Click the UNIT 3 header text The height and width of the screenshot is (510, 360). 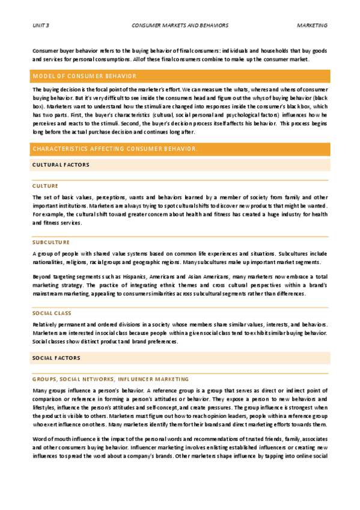[x=40, y=26]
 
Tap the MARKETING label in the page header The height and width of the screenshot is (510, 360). [x=312, y=26]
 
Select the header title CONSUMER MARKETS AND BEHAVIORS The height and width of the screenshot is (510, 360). [x=180, y=26]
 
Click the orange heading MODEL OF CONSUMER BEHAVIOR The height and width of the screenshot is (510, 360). [x=85, y=76]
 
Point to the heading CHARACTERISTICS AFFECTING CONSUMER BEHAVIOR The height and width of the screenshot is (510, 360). [x=115, y=149]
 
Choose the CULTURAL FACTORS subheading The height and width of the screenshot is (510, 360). [x=61, y=164]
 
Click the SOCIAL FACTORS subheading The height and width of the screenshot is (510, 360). [x=56, y=358]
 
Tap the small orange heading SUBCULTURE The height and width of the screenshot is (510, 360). [x=51, y=242]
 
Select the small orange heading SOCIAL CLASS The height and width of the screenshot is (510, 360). [x=52, y=313]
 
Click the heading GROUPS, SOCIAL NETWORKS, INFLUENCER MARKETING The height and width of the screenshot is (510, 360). [x=111, y=379]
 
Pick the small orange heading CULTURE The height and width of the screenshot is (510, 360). [x=45, y=186]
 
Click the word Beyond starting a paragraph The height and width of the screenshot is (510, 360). [x=42, y=276]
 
